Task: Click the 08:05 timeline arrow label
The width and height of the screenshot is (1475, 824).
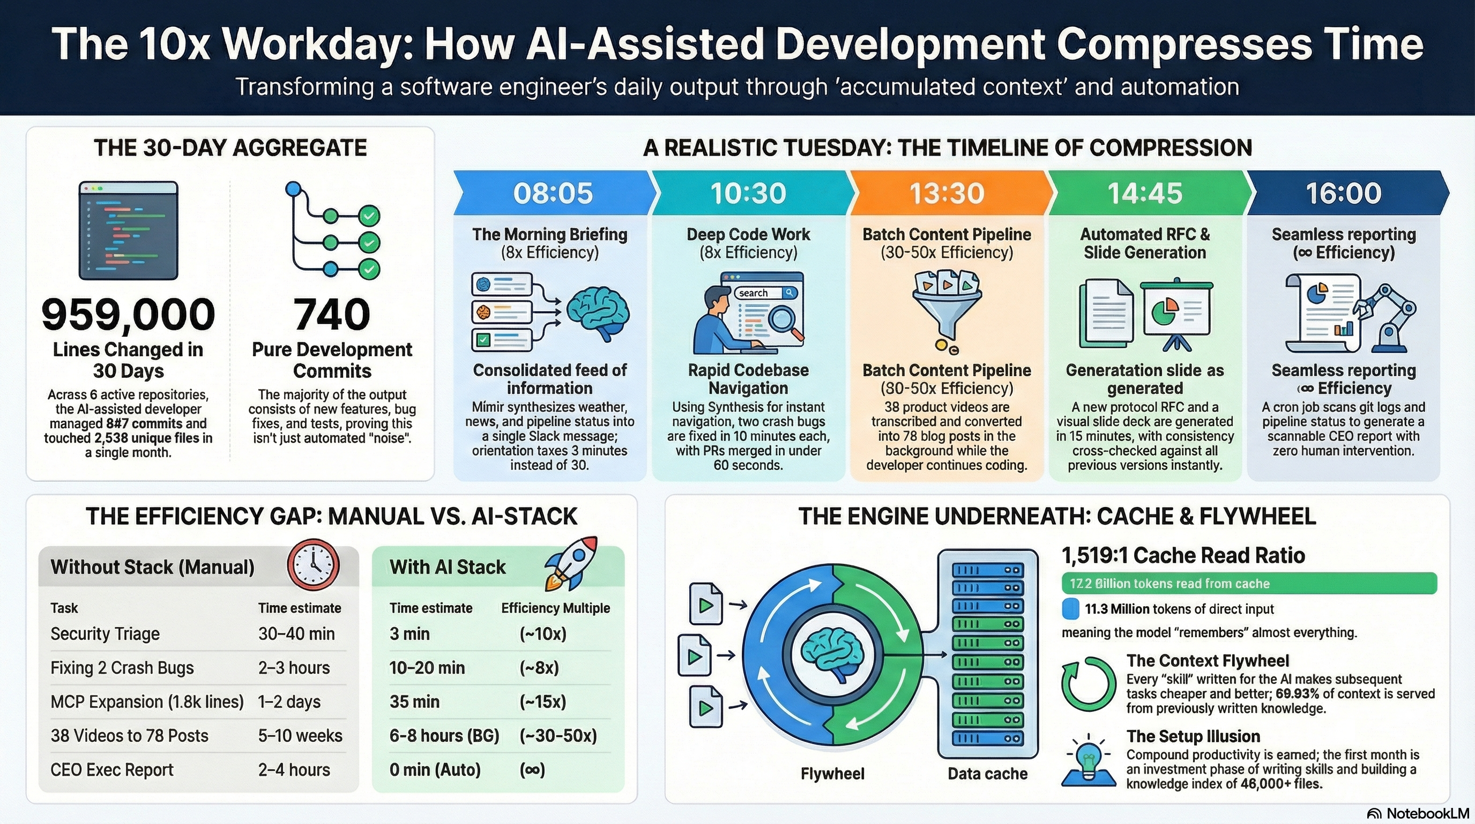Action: coord(553,193)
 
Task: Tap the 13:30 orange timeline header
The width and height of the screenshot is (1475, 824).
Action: coord(947,193)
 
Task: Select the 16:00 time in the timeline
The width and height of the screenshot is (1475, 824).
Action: coord(1343,193)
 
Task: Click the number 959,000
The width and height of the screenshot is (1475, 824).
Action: coord(128,314)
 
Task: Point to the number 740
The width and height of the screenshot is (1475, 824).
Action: coord(332,314)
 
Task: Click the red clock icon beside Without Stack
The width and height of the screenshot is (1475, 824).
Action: coord(313,564)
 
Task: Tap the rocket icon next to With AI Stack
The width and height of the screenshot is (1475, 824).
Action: coord(571,563)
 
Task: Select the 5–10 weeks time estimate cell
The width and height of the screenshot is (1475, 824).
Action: coord(300,736)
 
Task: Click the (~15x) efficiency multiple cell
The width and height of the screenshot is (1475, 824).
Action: coord(542,702)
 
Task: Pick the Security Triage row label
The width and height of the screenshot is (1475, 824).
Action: coord(105,634)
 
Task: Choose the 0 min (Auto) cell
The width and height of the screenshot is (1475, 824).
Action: coord(435,770)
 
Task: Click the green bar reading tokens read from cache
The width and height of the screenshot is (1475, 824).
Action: coord(1248,583)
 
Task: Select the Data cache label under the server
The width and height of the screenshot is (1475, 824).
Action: coord(987,774)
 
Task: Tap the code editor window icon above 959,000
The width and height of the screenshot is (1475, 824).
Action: coord(128,231)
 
